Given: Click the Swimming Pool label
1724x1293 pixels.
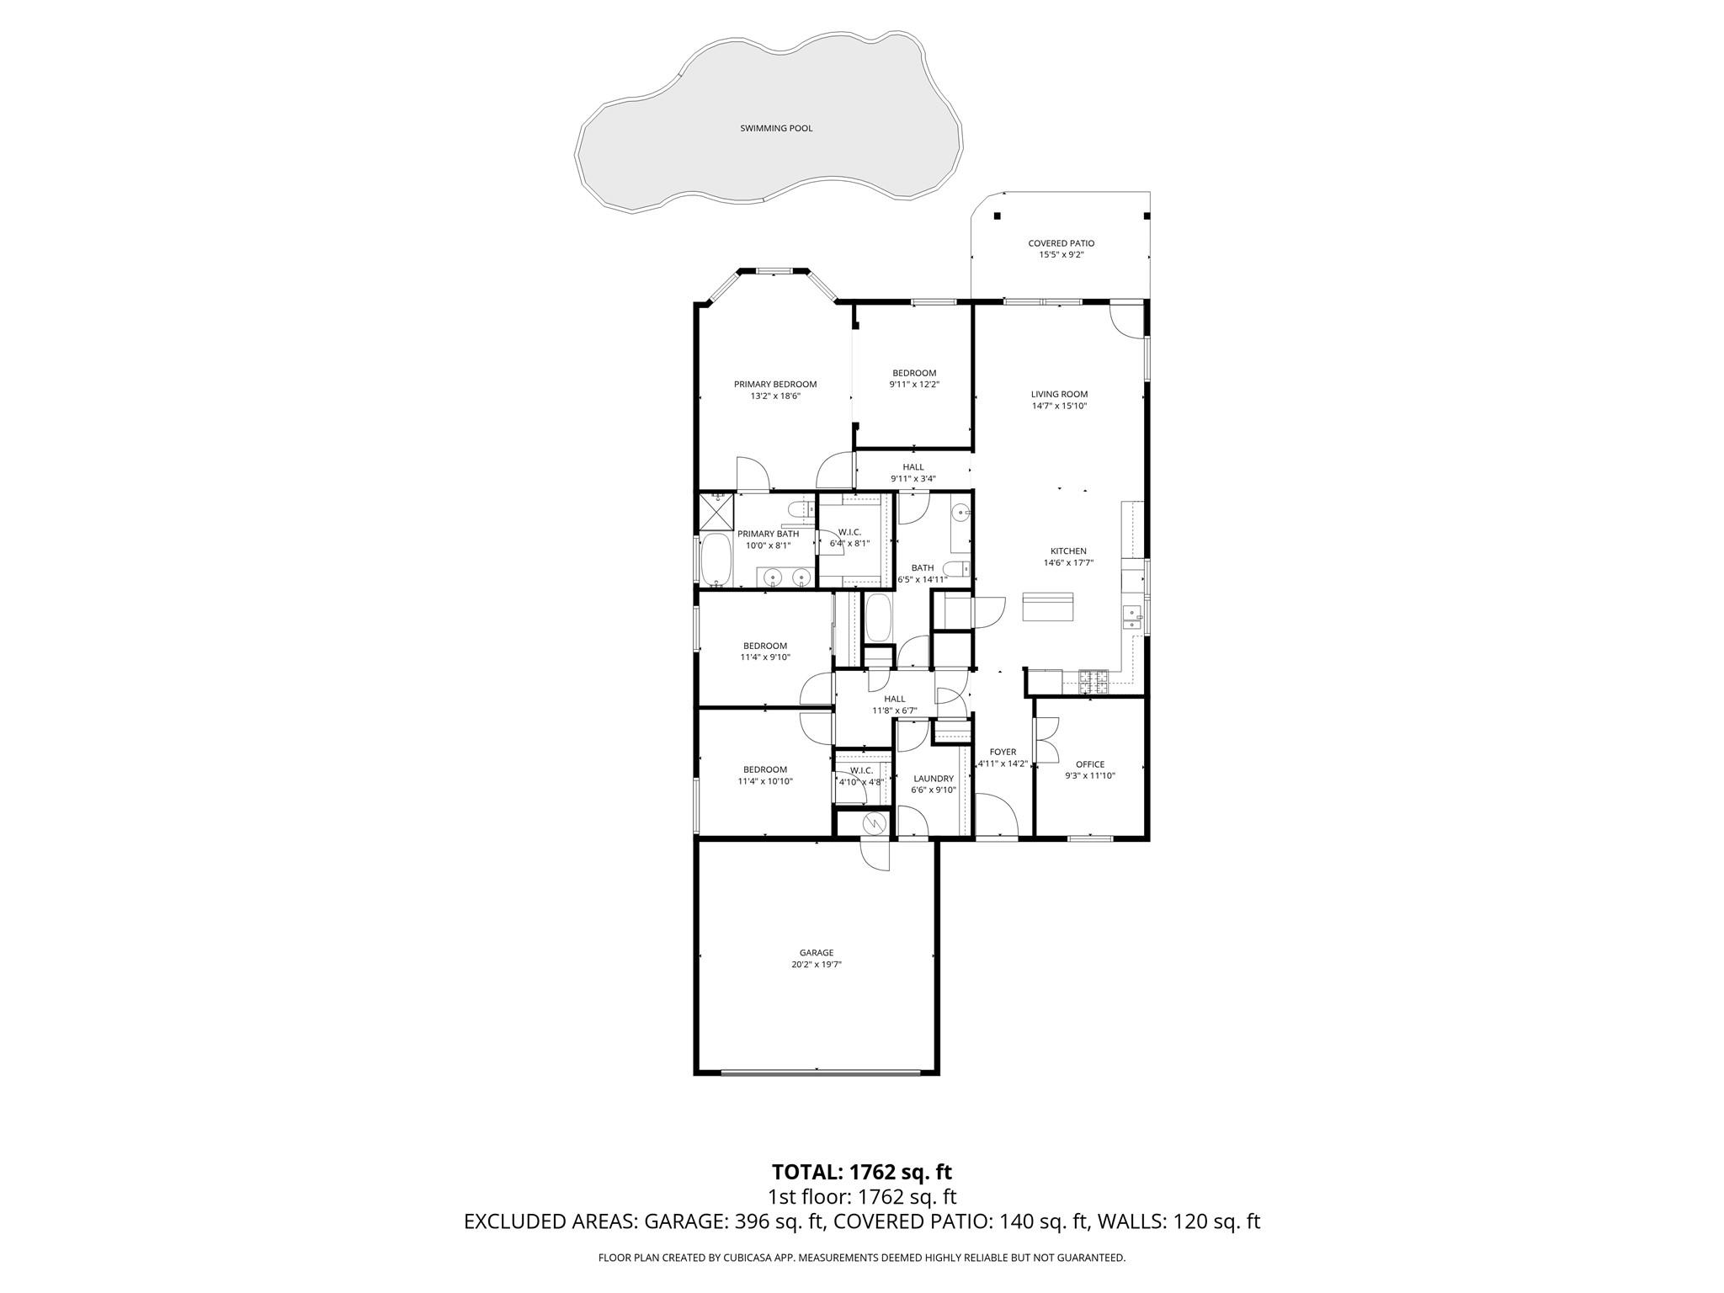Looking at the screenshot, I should tap(776, 129).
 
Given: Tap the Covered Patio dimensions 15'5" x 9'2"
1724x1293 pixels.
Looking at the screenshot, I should tap(1061, 254).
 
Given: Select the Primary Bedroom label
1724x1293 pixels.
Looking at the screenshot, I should tap(774, 384).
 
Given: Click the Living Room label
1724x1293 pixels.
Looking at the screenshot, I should tap(1059, 394).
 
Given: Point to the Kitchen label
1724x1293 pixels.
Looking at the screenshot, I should tap(1067, 551).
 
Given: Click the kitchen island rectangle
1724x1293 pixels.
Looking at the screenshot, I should tap(1048, 606).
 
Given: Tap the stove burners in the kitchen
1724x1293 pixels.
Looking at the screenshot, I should tap(1093, 680).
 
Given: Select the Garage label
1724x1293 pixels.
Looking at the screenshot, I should tap(816, 953).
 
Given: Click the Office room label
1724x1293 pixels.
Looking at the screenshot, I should tap(1089, 764).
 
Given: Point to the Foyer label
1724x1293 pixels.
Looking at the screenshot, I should tap(1003, 752).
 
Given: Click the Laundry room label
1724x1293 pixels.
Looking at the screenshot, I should tap(933, 779).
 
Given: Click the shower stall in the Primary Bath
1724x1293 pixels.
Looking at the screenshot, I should tap(716, 511).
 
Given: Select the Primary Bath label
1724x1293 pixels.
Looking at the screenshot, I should tap(768, 534).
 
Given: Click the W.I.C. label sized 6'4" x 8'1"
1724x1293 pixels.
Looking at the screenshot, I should tap(849, 532).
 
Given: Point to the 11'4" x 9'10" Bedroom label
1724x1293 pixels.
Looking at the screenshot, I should tap(764, 646).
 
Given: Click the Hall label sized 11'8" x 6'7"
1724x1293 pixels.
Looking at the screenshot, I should tap(894, 699).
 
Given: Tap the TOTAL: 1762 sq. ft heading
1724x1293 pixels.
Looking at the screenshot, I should tap(861, 1172).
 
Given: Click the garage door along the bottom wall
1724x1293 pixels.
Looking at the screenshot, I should tap(820, 1072).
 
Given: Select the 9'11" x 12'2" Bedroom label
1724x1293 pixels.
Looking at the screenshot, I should tap(913, 373).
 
